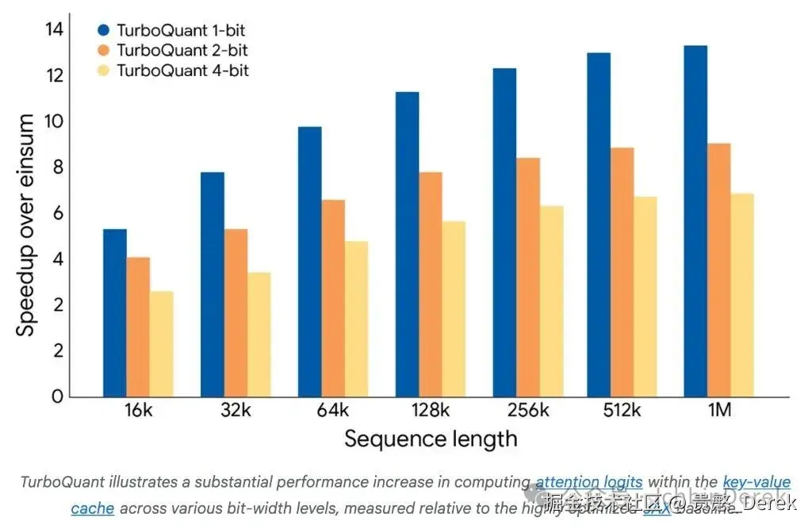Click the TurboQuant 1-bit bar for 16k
pos(115,312)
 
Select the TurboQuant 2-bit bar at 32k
pos(236,312)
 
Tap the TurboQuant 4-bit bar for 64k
pos(356,319)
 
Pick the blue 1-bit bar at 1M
pos(695,221)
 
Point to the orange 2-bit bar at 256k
pos(528,277)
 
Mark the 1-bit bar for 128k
pos(408,244)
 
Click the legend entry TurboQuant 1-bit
pos(174,31)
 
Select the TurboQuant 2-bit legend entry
pos(174,51)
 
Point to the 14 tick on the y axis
pos(54,30)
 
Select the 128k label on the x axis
pos(431,411)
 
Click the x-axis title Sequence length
pos(431,439)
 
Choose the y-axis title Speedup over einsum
pos(26,224)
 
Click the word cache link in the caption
pos(92,508)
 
